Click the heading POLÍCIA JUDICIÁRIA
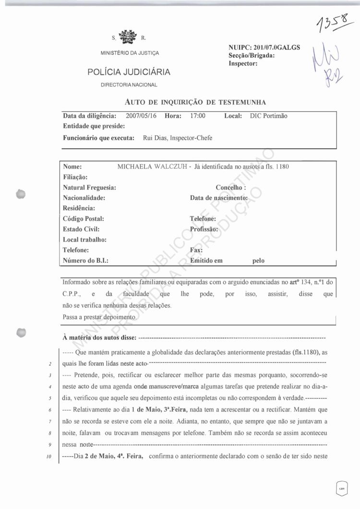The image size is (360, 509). [129, 72]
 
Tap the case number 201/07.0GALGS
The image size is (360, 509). [276, 48]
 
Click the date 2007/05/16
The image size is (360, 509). [141, 116]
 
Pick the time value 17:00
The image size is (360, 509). [197, 116]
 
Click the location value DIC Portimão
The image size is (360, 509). [268, 116]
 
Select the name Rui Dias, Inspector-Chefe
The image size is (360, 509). [178, 138]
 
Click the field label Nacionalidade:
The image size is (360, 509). [84, 198]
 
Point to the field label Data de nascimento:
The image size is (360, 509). [218, 198]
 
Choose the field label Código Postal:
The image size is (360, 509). [84, 218]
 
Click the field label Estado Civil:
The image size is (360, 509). [81, 229]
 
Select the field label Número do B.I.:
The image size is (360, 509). [85, 261]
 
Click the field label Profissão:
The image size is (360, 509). [205, 229]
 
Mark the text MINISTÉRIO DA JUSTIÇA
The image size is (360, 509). [129, 52]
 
